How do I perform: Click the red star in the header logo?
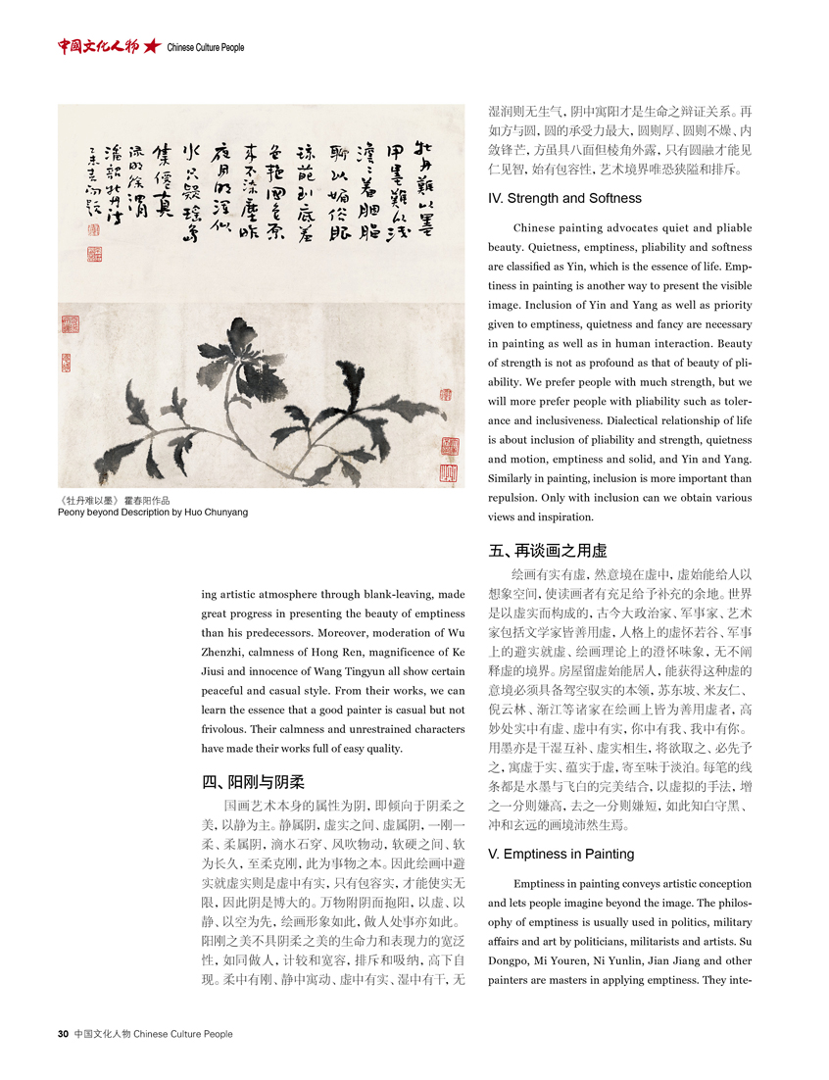coord(151,46)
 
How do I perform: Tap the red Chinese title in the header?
coord(98,46)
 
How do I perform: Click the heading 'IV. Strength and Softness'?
coord(563,198)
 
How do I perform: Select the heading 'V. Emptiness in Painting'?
coord(560,854)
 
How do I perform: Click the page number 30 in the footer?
coord(63,1033)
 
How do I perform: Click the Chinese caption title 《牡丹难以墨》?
coord(90,500)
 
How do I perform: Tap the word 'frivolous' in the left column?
coord(230,701)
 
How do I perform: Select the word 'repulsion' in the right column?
coord(516,497)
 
